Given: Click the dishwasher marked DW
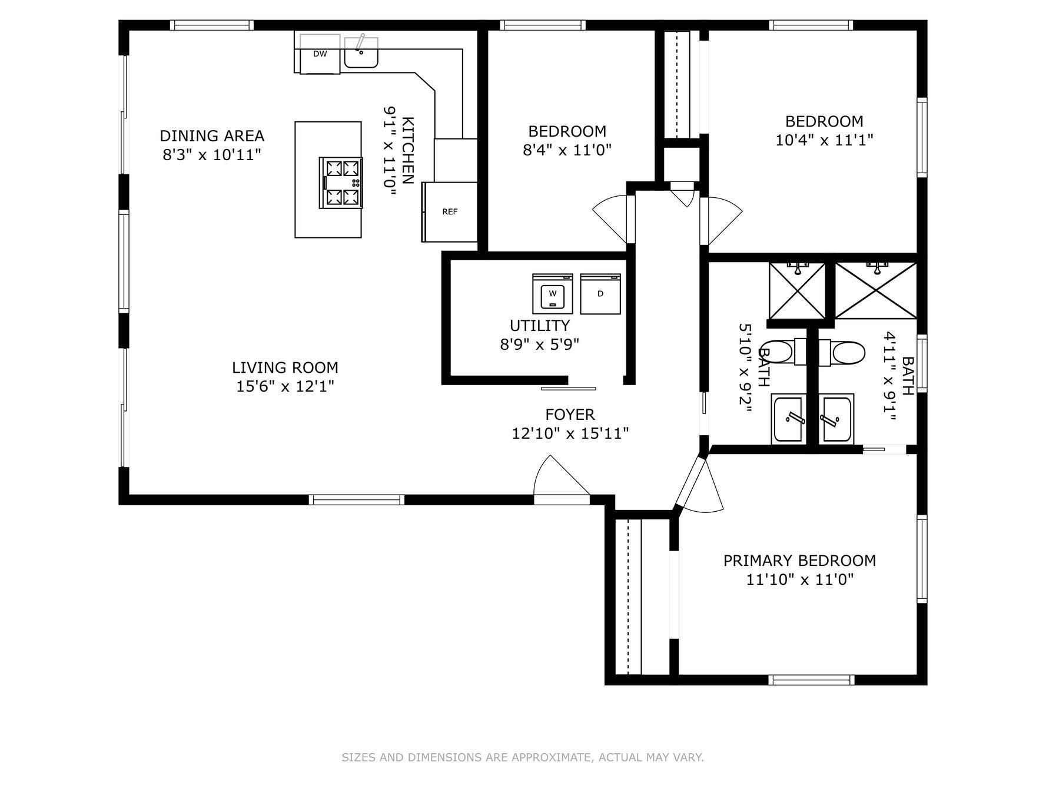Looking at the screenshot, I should point(320,54).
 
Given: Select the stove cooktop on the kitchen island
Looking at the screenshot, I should point(341,183).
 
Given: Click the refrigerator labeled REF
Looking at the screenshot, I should point(450,212).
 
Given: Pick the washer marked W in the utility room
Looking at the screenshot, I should point(552,294).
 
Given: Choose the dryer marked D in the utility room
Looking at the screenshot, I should point(600,294).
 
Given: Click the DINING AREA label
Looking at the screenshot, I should point(212,136).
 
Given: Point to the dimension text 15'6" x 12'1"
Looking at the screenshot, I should point(285,387).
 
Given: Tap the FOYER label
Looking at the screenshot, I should point(570,415).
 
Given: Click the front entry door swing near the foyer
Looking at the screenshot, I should point(559,480).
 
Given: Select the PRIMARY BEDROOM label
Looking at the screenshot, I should point(799,561).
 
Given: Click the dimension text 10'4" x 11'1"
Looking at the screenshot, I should point(824,140).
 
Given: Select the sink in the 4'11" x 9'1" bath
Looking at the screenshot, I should point(836,419).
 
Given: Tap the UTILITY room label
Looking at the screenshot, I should point(539,326).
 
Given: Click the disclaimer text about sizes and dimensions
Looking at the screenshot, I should point(523,757).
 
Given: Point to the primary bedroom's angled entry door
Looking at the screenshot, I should point(698,486).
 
